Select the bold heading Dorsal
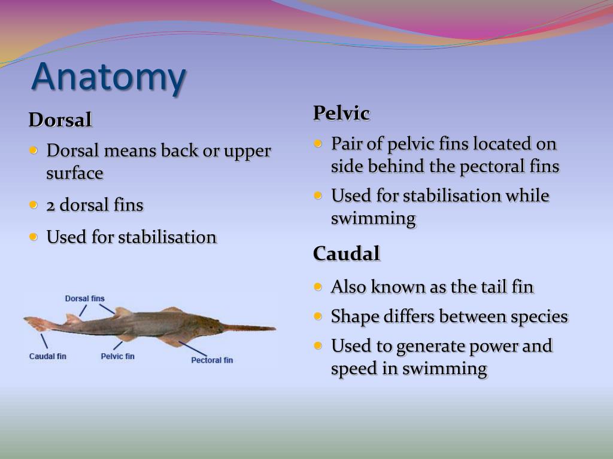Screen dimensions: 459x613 60,120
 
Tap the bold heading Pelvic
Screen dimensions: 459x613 341,113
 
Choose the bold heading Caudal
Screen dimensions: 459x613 347,254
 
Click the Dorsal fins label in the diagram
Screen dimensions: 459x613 84,298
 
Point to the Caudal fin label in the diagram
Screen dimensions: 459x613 48,357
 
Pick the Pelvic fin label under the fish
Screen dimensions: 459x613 117,357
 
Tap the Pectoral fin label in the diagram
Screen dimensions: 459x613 212,360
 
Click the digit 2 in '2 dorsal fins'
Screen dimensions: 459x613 51,206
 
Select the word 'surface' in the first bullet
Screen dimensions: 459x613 75,174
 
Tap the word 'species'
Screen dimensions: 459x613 539,317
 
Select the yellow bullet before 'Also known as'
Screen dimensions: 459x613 318,287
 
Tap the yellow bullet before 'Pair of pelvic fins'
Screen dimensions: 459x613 318,143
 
